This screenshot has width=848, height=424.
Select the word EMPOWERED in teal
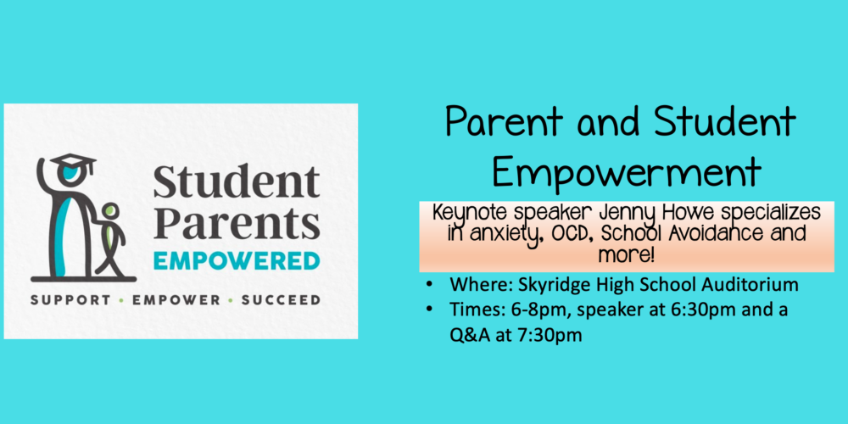point(237,260)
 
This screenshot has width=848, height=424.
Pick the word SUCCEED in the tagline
point(281,299)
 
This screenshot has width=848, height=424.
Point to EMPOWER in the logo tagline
point(176,299)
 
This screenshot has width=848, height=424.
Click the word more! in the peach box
point(627,254)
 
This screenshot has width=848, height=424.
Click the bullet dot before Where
point(429,283)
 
